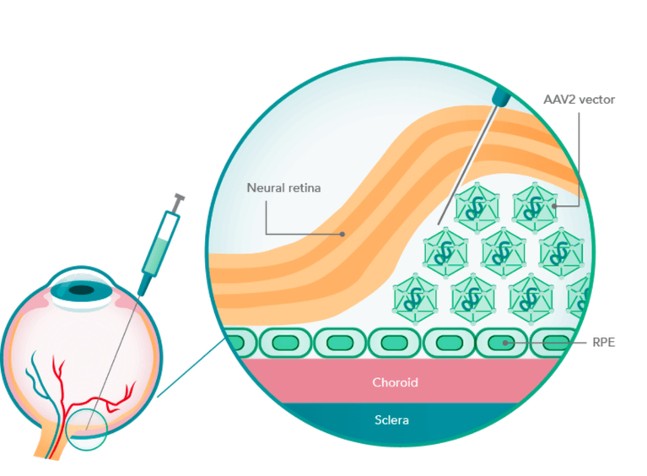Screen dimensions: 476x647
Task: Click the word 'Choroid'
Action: [396, 382]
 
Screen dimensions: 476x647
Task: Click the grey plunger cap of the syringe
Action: [179, 201]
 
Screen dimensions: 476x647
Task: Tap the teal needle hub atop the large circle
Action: [501, 97]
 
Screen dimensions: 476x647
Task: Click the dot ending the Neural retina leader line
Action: [343, 233]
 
